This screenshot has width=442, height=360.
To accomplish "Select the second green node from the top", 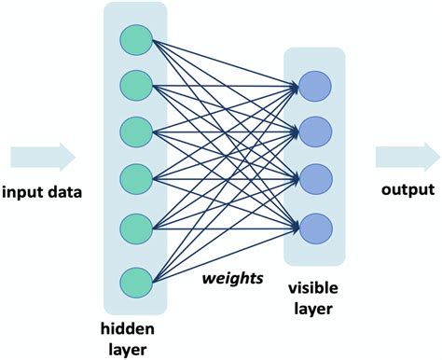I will [135, 86].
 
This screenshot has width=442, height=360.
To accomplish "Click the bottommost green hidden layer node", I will [135, 279].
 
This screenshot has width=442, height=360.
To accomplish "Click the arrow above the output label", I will [407, 155].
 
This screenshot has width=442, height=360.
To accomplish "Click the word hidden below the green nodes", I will [131, 329].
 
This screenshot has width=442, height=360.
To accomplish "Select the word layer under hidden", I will [131, 349].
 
